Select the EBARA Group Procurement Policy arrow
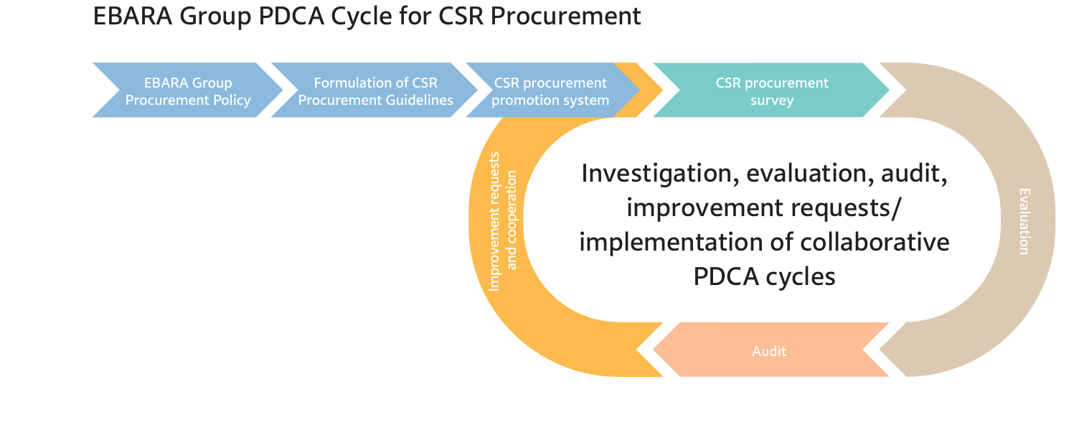click(x=188, y=91)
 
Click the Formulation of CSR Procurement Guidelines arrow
click(x=375, y=91)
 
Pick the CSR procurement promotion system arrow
click(x=550, y=91)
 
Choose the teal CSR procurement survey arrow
click(x=772, y=91)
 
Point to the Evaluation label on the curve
click(x=1024, y=221)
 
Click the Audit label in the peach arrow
click(x=769, y=351)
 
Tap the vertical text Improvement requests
click(x=494, y=221)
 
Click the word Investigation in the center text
click(x=650, y=174)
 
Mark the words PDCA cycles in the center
click(x=764, y=276)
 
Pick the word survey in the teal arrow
click(x=772, y=100)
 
